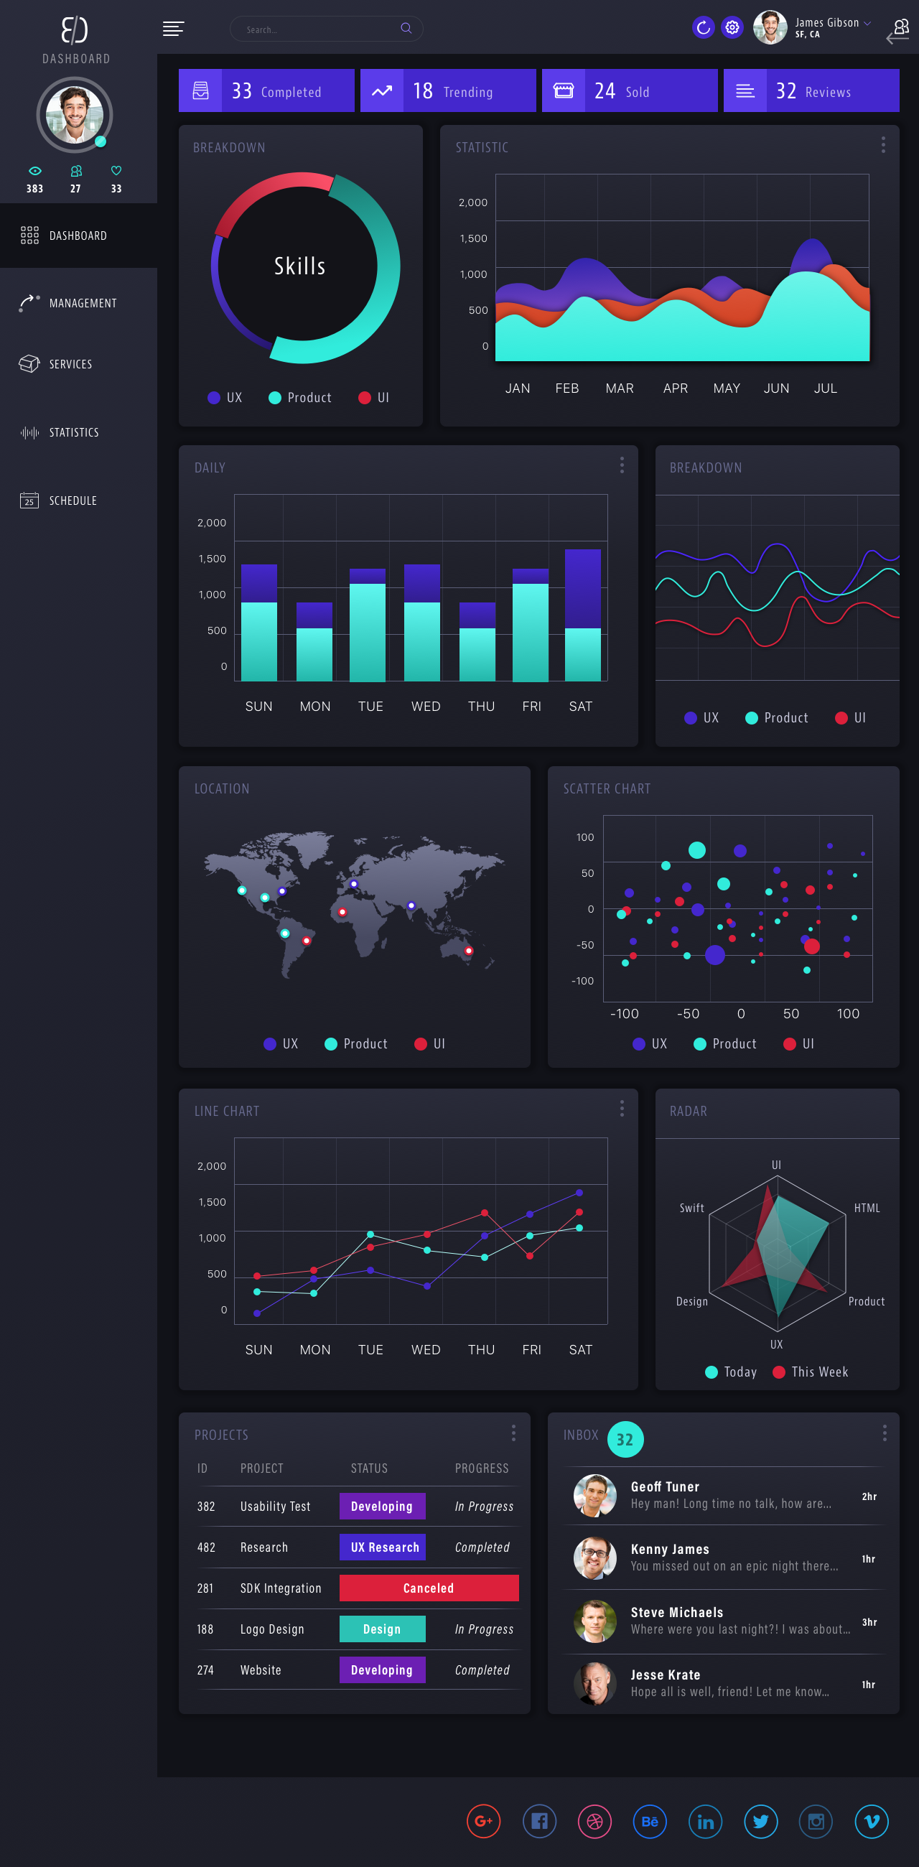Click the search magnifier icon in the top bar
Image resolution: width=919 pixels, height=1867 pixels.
[x=406, y=28]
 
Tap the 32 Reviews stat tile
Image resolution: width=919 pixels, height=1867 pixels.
[x=811, y=91]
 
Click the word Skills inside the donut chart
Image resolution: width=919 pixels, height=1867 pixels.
[x=300, y=266]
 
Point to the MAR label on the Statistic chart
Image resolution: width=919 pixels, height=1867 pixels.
[x=619, y=388]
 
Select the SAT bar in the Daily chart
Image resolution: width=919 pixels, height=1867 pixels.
[x=583, y=616]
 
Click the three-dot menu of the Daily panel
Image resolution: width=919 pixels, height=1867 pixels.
[x=622, y=465]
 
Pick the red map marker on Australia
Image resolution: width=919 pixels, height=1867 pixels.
[x=468, y=950]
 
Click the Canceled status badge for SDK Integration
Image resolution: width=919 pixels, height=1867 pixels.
[x=429, y=1588]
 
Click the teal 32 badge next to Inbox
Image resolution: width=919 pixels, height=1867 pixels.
[x=625, y=1440]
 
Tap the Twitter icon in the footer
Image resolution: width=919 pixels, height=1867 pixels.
[x=760, y=1821]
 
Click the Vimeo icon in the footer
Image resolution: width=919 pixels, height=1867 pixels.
[x=871, y=1821]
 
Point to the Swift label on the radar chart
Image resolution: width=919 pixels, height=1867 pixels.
[x=691, y=1209]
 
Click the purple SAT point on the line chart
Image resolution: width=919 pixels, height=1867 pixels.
[x=579, y=1192]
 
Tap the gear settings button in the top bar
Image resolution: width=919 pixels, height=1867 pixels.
[x=732, y=28]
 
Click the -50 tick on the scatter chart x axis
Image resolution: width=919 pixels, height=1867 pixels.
[x=688, y=1014]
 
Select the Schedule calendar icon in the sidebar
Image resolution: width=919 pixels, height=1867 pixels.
[x=29, y=500]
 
